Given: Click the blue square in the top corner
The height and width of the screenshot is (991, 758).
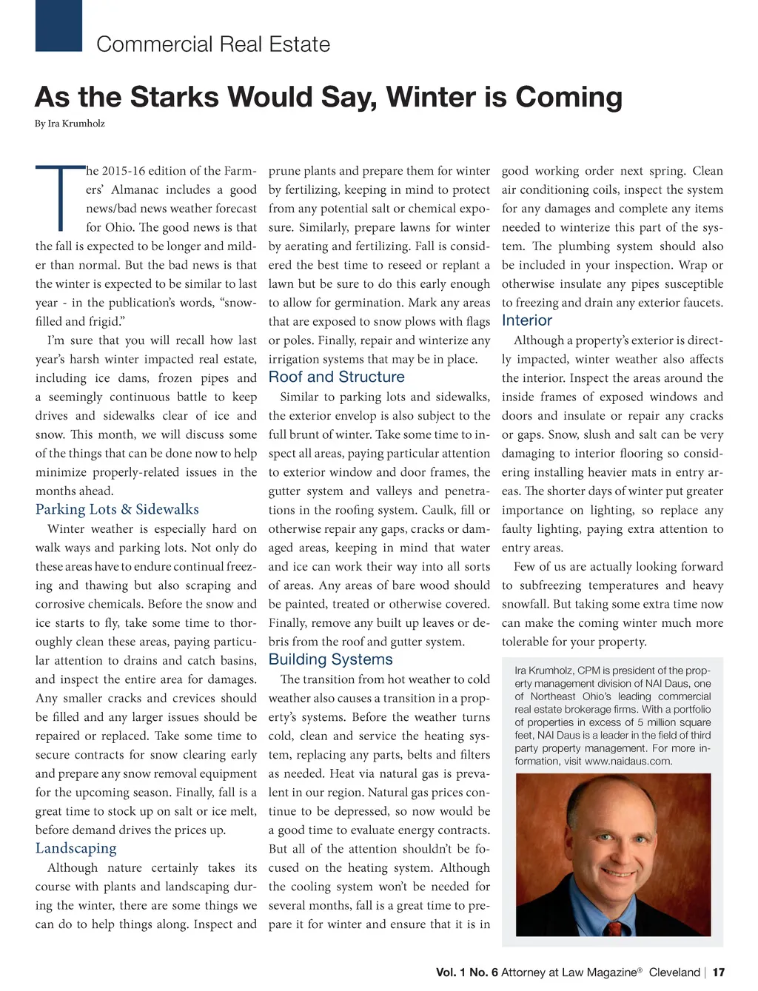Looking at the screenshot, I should [58, 25].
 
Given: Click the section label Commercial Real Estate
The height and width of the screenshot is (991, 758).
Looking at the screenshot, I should [213, 44].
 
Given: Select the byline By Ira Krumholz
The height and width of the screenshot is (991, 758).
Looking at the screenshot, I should [70, 124].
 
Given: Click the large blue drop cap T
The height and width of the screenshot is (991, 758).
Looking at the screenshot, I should [58, 197].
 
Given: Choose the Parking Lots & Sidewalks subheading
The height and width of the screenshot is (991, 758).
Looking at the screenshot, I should [117, 509].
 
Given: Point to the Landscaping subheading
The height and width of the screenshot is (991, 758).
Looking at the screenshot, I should [76, 848].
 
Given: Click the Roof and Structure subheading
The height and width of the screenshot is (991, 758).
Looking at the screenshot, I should [336, 377].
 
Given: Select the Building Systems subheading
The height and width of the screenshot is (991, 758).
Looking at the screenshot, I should [330, 659].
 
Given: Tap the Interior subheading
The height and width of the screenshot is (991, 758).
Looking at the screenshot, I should [527, 320].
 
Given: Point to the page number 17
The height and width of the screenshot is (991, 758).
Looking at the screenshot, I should [718, 972].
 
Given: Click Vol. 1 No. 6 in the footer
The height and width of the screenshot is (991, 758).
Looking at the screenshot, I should [466, 972].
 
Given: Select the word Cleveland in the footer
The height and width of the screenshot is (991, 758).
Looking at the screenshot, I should [674, 972].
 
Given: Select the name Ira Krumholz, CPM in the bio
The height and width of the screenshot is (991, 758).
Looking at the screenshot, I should [557, 671].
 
